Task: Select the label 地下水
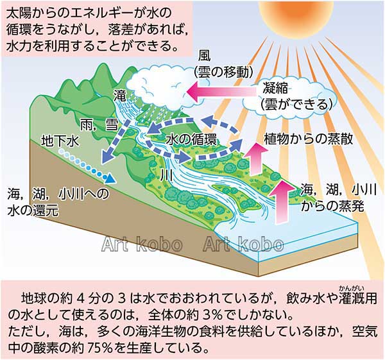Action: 60,141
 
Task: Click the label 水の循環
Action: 191,140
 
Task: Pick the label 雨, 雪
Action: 99,125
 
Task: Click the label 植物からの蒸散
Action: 309,139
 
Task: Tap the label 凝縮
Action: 275,88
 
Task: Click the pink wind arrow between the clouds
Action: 221,92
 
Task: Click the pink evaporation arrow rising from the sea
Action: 281,202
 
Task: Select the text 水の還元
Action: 33,210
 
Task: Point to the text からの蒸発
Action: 332,207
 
